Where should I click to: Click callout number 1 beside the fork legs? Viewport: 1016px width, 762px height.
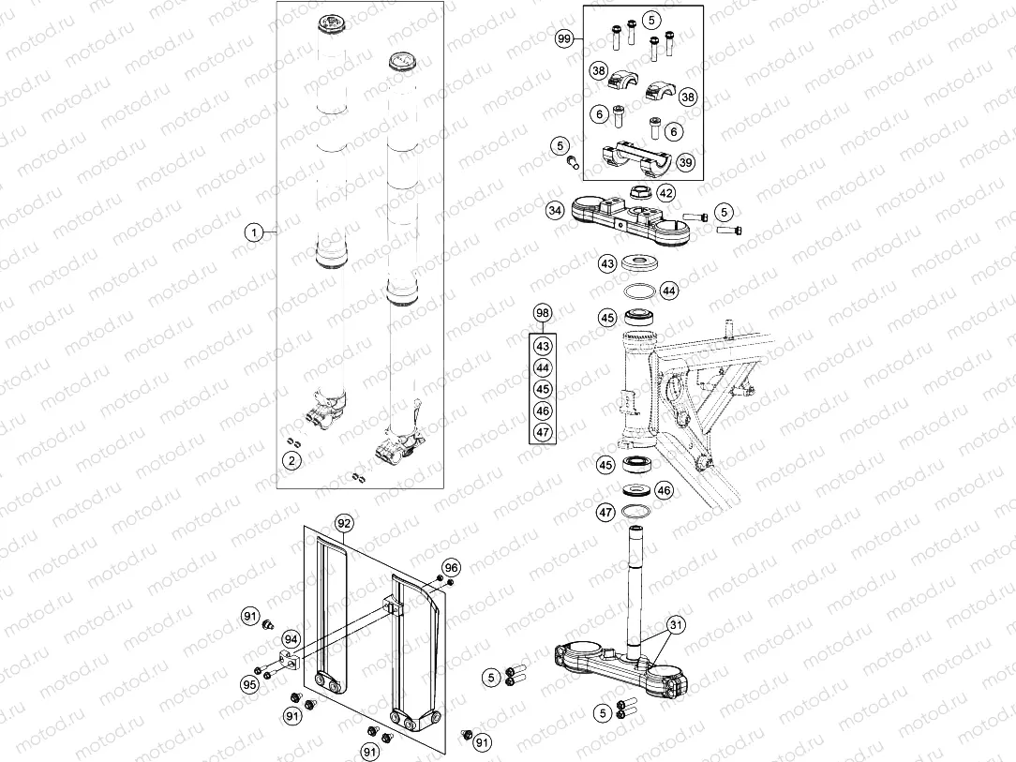251,232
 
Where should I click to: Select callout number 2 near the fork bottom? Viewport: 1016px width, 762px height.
292,459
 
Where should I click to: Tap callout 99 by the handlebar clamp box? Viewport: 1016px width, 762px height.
564,38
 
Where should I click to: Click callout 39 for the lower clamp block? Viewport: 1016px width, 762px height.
685,163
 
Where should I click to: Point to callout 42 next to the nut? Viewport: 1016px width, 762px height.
665,193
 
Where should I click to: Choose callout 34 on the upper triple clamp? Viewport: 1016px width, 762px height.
556,211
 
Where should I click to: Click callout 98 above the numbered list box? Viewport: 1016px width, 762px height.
543,312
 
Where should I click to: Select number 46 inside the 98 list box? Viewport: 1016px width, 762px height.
543,411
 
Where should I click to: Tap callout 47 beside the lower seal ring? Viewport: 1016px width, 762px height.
606,512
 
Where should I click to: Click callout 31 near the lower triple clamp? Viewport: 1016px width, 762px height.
676,624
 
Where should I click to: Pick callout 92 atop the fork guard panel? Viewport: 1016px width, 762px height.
343,522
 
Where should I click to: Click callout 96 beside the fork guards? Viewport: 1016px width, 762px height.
452,567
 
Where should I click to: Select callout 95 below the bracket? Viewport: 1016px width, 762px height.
249,684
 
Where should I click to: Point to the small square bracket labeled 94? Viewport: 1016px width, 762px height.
288,662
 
